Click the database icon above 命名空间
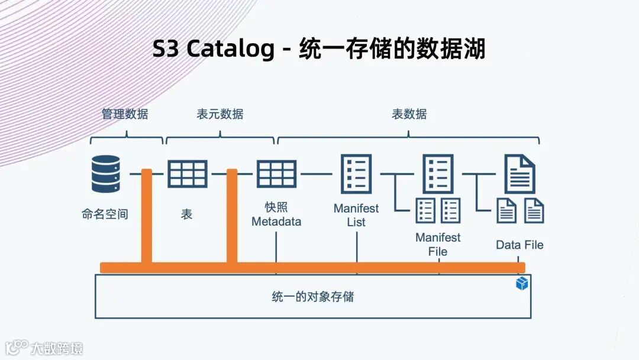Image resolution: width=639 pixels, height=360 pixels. pos(106,173)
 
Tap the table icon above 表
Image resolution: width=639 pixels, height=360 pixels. pos(188,173)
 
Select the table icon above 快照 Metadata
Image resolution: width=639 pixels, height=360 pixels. pos(276,173)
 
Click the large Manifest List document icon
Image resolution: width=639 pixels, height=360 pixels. pos(356,173)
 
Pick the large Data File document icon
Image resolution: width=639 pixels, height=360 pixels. pos(519,173)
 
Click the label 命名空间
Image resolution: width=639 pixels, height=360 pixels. pos(105,214)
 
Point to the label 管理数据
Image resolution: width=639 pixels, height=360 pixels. pos(125,114)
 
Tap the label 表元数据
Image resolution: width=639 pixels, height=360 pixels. pos(220,114)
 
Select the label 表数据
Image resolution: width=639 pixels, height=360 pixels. pos(409,114)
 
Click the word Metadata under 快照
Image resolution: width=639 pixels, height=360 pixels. pos(276,221)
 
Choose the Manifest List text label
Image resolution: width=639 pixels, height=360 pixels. pos(356,215)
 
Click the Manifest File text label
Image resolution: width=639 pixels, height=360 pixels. pos(438,245)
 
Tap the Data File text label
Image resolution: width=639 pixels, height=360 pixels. pos(519,245)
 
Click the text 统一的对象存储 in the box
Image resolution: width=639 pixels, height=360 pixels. pos(313,296)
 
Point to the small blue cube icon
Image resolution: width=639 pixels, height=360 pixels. pos(521,284)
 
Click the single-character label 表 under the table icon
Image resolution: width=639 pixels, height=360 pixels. pos(187,214)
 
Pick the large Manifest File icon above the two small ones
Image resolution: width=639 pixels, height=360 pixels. pos(438,173)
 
